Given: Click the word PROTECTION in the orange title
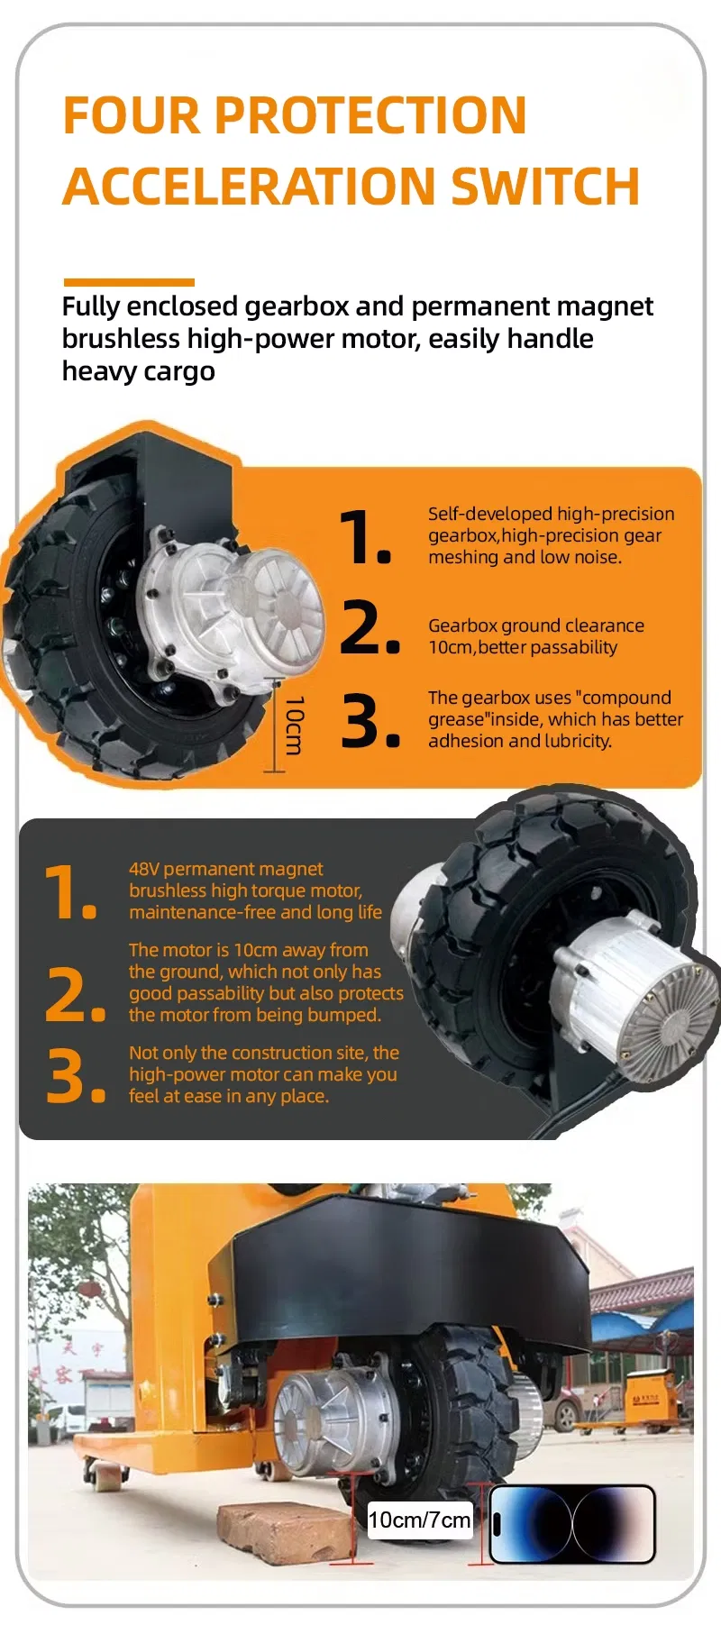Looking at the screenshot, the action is click(370, 115).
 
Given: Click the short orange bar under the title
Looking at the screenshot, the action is click(129, 283).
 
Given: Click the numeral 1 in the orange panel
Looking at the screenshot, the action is click(365, 538).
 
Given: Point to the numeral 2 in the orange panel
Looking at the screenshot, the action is click(370, 627).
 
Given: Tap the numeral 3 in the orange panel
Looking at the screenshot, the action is click(370, 721).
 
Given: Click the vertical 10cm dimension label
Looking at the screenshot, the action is click(295, 726).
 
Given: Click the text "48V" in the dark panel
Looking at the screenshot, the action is click(143, 869).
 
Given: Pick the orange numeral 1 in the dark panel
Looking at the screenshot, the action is click(70, 893).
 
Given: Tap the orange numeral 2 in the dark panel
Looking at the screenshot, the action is click(75, 995).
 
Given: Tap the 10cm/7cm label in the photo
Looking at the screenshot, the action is click(420, 1520).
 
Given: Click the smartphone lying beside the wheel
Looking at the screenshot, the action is click(572, 1523).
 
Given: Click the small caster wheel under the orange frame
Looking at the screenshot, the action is click(105, 1474).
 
